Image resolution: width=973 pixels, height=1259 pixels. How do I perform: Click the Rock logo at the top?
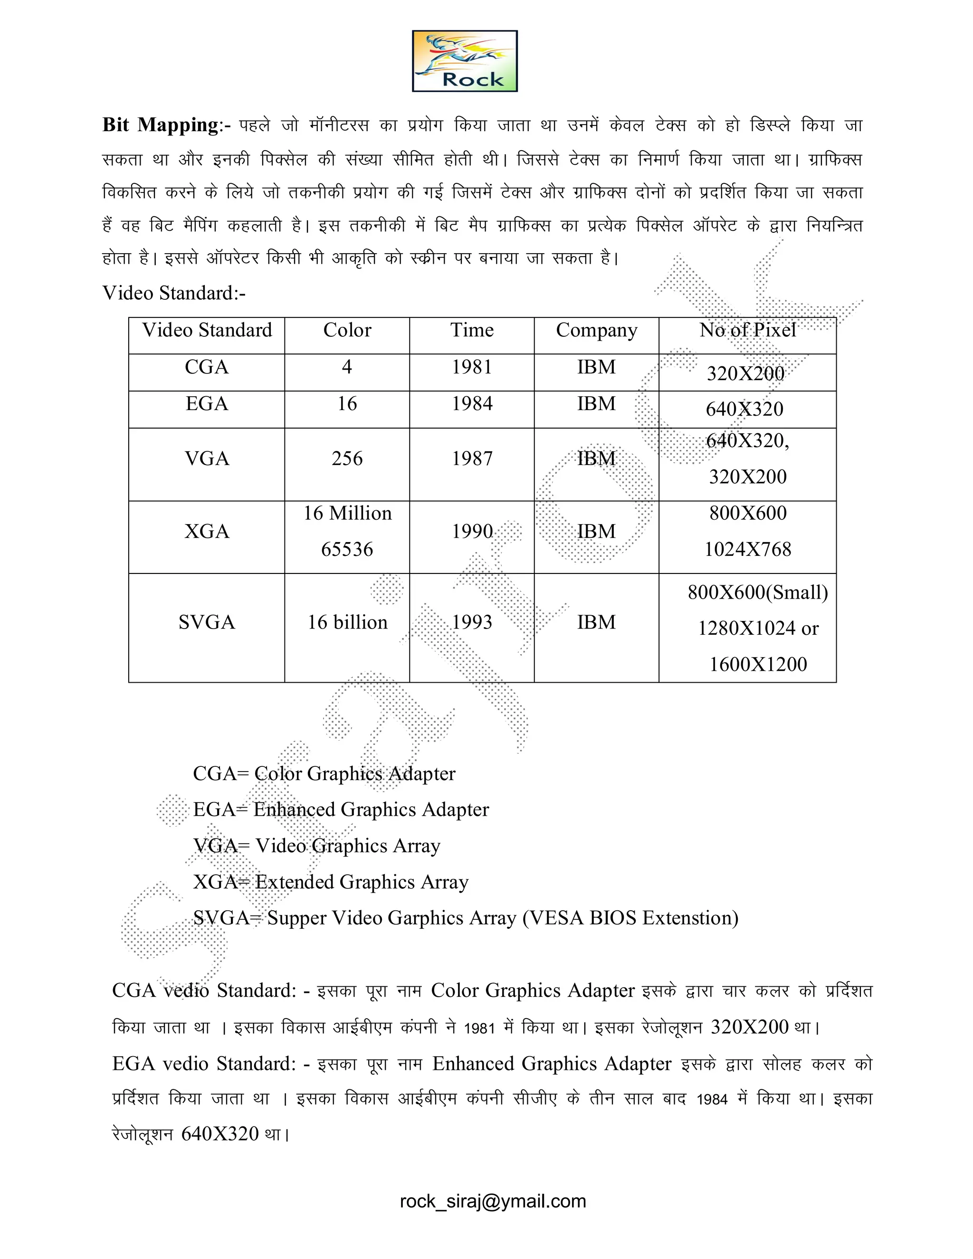click(x=465, y=61)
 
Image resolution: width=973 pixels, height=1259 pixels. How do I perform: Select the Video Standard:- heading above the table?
click(x=173, y=293)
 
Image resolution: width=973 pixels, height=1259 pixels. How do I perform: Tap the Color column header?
click(x=347, y=330)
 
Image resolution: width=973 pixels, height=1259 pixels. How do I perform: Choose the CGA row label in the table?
click(x=206, y=367)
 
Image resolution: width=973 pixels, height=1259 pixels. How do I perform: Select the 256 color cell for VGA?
click(x=347, y=459)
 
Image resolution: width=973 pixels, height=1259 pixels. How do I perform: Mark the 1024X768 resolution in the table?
click(x=748, y=549)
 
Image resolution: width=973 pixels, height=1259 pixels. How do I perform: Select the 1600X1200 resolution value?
click(x=757, y=665)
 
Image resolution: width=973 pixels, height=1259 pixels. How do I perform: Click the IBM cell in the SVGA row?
click(x=596, y=622)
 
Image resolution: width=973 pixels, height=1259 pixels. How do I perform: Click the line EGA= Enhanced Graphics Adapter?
click(x=341, y=810)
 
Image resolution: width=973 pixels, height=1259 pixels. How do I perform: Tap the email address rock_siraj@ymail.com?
click(x=493, y=1202)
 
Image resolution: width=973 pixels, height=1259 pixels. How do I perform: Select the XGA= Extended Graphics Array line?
click(x=330, y=882)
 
